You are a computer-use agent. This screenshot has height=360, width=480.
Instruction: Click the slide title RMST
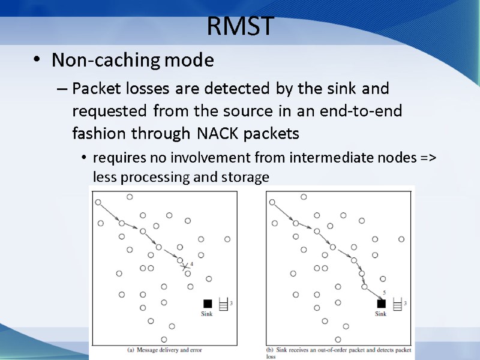pos(240,26)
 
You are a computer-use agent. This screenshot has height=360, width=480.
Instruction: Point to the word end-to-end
pos(366,111)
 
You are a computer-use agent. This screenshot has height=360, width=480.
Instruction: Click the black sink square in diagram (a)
pos(208,303)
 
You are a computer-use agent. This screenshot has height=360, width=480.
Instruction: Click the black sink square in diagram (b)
pos(381,303)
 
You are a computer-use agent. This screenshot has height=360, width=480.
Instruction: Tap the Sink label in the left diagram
pos(208,314)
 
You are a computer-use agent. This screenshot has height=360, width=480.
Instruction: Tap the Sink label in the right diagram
pos(381,314)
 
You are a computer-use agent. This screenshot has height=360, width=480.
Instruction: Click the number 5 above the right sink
pos(384,293)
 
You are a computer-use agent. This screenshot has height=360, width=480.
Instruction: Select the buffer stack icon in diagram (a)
pos(224,304)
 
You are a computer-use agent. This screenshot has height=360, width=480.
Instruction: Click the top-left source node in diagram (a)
pos(98,202)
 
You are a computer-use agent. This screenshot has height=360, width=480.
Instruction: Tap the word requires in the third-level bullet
pos(114,158)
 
